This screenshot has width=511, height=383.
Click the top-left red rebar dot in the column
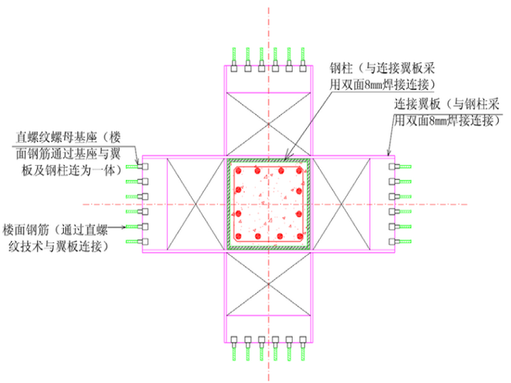click(238, 171)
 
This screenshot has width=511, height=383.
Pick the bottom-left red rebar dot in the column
click(238, 237)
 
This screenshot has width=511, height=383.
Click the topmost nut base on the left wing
click(143, 166)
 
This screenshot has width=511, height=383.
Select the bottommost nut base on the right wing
click(394, 241)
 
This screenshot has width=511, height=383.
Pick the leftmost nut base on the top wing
click(233, 68)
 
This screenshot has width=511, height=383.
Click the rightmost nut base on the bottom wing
click(305, 340)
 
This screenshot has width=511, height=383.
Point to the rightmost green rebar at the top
click(305, 54)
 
